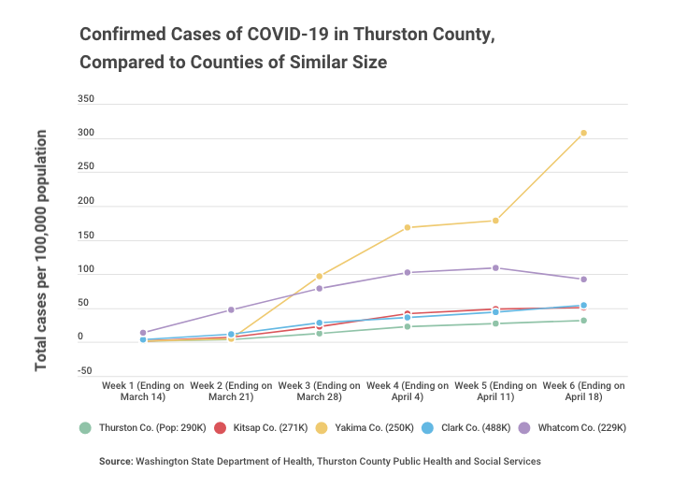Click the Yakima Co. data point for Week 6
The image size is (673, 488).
[x=583, y=133]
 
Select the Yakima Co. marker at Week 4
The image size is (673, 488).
[x=408, y=227]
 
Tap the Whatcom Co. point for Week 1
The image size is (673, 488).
[x=143, y=333]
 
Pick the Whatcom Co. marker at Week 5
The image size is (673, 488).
[x=495, y=268]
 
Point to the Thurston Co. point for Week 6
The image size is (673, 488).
[x=583, y=321]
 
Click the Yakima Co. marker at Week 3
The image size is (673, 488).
[x=320, y=276]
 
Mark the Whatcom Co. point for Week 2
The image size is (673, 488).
[x=231, y=309]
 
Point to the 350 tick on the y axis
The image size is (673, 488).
[x=85, y=98]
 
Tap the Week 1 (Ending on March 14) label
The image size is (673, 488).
[x=143, y=391]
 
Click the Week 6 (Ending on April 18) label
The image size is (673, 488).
[x=583, y=391]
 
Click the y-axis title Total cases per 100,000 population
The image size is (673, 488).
[x=42, y=251]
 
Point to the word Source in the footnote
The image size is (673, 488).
[x=116, y=461]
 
